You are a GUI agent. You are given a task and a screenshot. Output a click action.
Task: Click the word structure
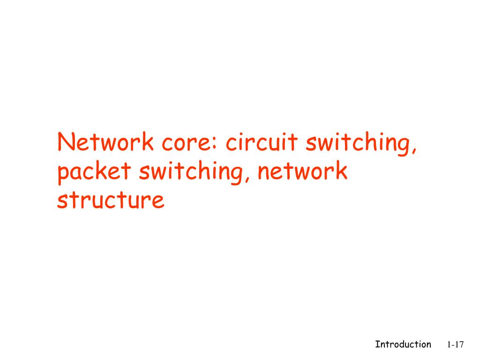(111, 200)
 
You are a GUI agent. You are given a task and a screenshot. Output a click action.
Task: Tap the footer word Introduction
(403, 345)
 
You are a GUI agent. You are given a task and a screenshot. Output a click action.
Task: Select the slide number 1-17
(455, 345)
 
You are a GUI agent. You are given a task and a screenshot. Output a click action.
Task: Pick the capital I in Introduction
(377, 345)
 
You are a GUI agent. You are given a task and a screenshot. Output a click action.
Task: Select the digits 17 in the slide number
(458, 345)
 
